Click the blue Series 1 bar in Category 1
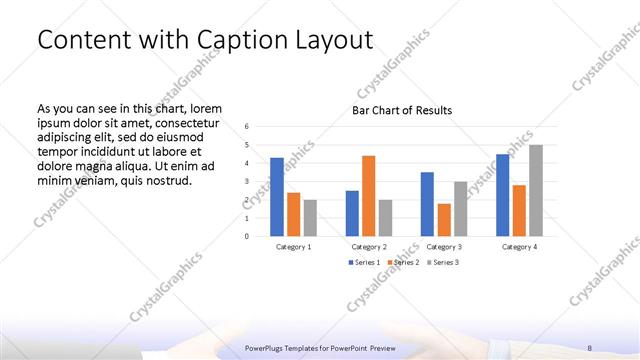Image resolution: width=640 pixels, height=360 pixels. click(277, 197)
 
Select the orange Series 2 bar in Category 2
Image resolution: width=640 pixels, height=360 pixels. click(368, 196)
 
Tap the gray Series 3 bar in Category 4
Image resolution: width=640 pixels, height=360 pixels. click(536, 191)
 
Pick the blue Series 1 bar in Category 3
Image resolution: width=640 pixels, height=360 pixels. click(427, 204)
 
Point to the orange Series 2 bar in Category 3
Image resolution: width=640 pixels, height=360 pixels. click(444, 220)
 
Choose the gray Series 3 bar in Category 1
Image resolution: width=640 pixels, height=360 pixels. click(310, 218)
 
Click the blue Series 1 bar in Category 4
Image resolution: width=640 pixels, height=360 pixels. click(503, 195)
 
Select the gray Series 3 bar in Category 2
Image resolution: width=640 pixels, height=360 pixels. click(385, 218)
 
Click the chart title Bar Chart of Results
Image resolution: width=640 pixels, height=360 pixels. click(402, 110)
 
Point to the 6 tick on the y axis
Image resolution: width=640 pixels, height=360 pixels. click(247, 127)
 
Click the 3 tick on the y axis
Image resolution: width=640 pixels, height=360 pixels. click(247, 182)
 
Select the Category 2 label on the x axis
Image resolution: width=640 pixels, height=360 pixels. click(369, 246)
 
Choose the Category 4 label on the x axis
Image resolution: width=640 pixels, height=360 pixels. click(519, 246)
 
